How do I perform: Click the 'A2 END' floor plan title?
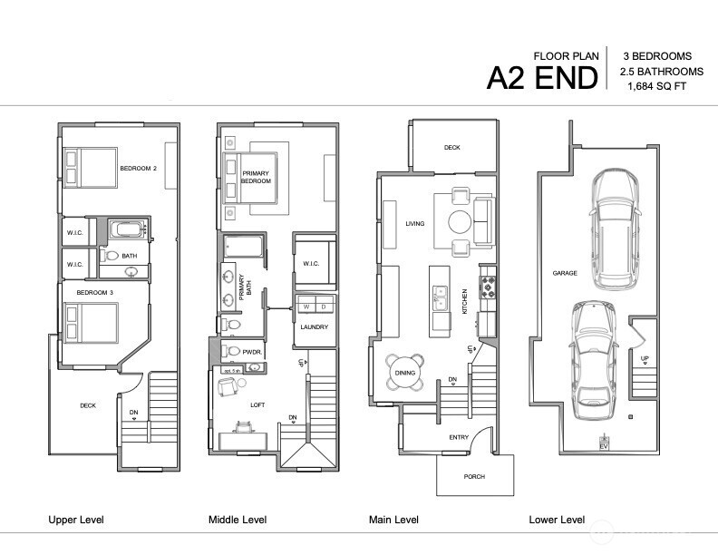[542, 78]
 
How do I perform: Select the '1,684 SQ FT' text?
[662, 87]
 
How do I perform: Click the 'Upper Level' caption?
[76, 520]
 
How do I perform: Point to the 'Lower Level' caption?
[557, 520]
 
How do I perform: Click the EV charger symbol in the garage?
[605, 443]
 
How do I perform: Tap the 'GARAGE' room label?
[565, 272]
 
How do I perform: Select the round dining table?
[405, 372]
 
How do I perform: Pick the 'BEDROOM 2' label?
[139, 169]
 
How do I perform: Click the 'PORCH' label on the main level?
[473, 476]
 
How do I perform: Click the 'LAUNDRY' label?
[313, 327]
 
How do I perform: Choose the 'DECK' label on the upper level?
[88, 405]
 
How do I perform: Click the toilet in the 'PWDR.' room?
[232, 351]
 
